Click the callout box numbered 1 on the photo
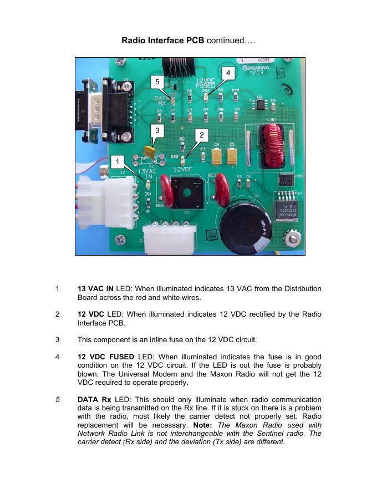pyautogui.click(x=117, y=161)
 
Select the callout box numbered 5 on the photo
pyautogui.click(x=158, y=81)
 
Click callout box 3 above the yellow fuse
pyautogui.click(x=158, y=130)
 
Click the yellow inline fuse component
pyautogui.click(x=149, y=151)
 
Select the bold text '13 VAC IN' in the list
pyautogui.click(x=96, y=289)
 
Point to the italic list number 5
pyautogui.click(x=58, y=400)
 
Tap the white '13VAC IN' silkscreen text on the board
pyautogui.click(x=149, y=173)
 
